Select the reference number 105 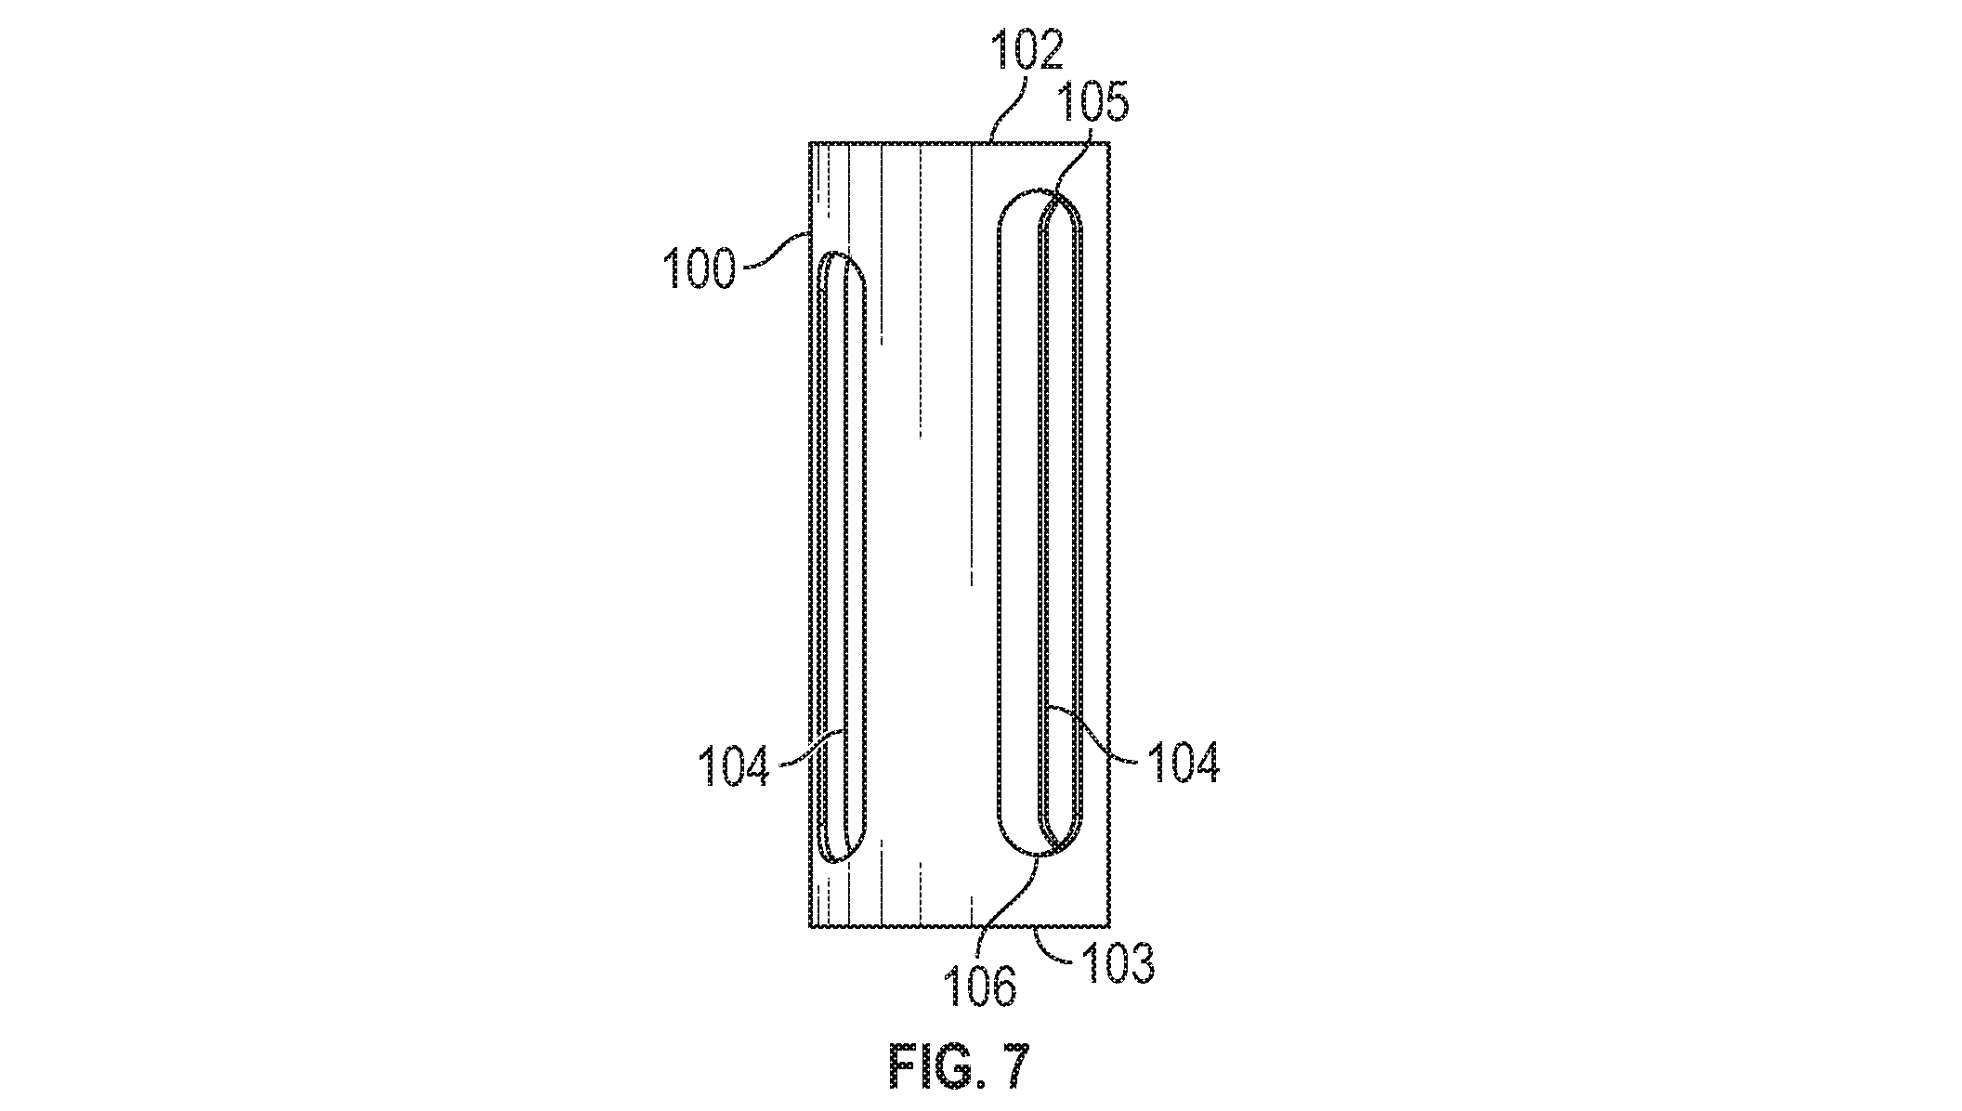coord(1092,103)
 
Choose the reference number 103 coord(1117,963)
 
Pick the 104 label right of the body coord(1183,763)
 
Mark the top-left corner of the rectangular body coord(810,143)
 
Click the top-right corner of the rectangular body coord(1111,143)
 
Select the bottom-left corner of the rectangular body coord(810,927)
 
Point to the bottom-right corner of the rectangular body coord(1111,927)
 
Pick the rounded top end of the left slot coord(841,253)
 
